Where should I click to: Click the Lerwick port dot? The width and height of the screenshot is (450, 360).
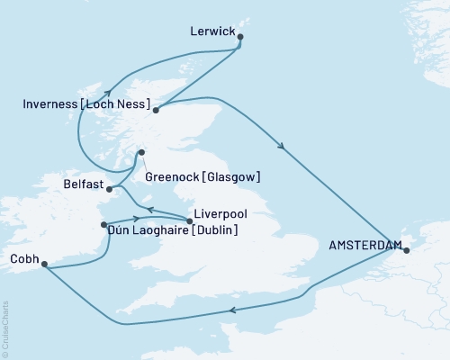(240, 37)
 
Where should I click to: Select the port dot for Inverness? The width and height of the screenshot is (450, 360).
(156, 111)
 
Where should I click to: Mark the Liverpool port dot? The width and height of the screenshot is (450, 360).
(190, 221)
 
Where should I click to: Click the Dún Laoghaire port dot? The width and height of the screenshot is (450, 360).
(104, 224)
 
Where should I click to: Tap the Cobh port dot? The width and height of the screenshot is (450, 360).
(42, 265)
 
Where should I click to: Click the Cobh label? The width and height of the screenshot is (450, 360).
(22, 258)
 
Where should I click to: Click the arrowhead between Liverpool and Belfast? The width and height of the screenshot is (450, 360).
(150, 209)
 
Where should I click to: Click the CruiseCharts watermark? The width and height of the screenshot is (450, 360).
(5, 328)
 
